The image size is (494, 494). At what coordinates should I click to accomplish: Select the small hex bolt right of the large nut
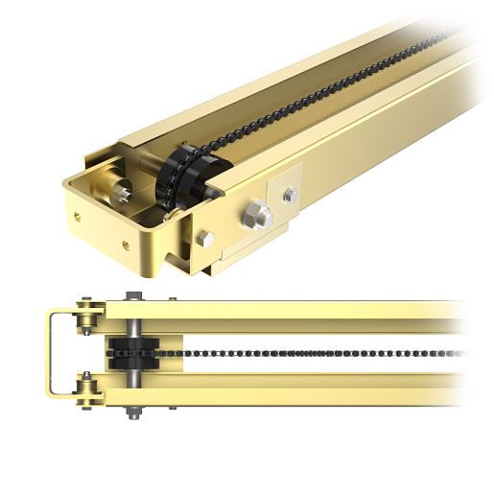[289, 196]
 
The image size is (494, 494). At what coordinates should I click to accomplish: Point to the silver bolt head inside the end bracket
[122, 192]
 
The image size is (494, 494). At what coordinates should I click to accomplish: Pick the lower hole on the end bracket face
[126, 245]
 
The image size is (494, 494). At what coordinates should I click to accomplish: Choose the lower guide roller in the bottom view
[88, 390]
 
